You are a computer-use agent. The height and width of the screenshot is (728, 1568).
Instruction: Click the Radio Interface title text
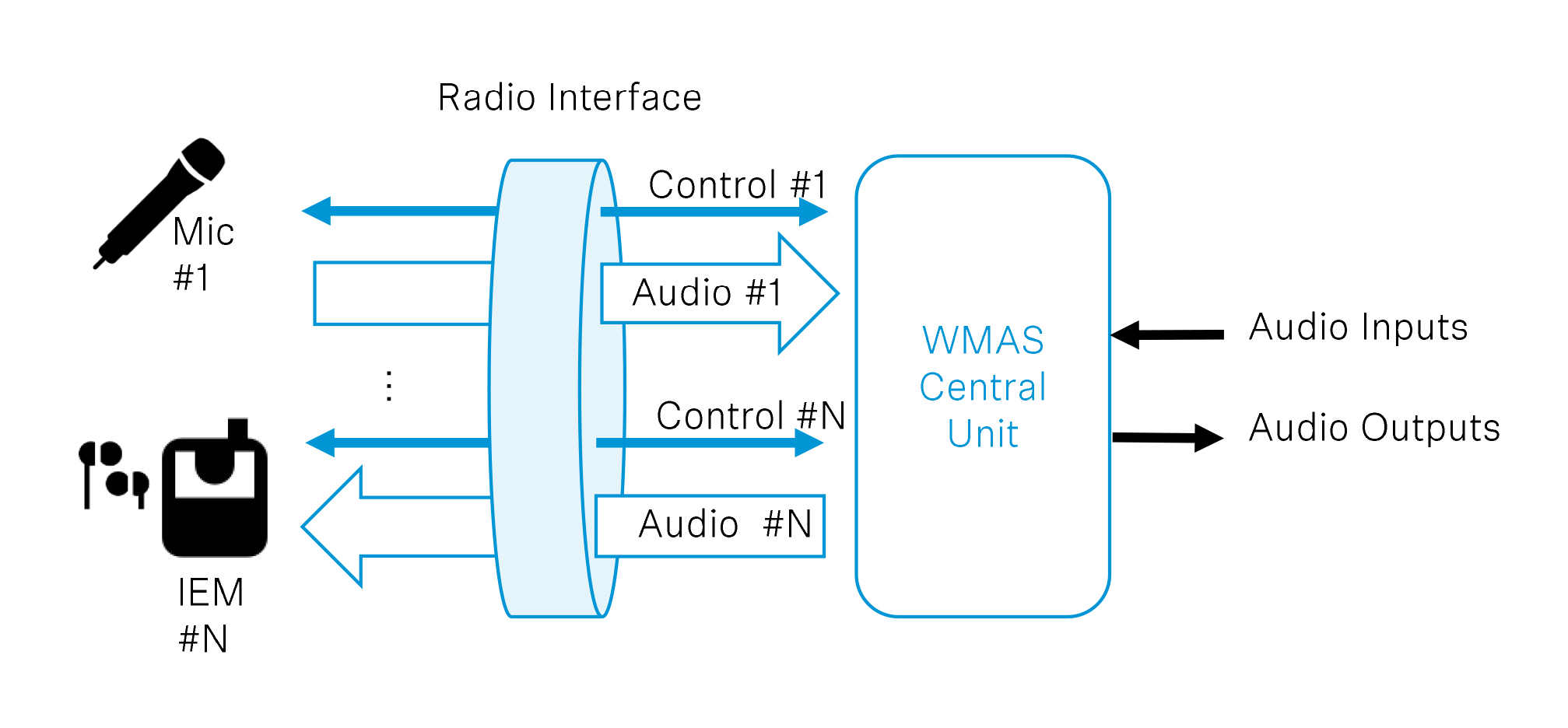(569, 98)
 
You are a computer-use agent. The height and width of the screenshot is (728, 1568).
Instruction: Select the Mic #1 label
(202, 254)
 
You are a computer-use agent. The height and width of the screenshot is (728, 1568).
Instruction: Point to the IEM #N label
(209, 615)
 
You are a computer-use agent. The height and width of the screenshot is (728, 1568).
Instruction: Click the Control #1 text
(737, 185)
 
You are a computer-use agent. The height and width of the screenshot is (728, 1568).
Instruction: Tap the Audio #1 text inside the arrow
(707, 293)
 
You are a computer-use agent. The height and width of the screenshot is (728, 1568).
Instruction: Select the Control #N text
(750, 415)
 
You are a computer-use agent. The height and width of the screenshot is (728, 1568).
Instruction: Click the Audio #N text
(724, 524)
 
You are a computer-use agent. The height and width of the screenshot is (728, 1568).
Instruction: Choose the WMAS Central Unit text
(983, 387)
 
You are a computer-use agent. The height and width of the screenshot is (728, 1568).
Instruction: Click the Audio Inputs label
(1358, 327)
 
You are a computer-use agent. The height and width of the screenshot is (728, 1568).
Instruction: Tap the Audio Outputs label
(1374, 428)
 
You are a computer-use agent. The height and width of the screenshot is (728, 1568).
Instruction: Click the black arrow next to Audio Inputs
(1167, 335)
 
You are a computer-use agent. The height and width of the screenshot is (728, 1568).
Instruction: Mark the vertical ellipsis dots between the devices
(389, 386)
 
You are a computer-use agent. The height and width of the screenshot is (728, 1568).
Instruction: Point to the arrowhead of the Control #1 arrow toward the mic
(317, 211)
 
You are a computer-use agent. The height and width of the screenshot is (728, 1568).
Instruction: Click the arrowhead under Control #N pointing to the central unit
(809, 443)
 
